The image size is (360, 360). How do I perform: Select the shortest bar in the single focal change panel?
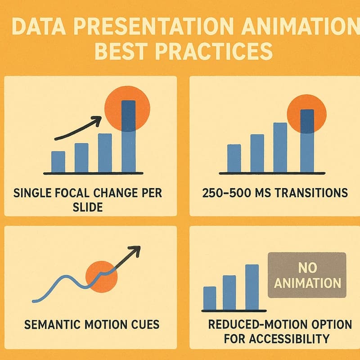coord(58,162)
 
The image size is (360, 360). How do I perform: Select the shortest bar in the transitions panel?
coord(234,158)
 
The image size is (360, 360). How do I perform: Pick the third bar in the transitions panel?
coord(280,147)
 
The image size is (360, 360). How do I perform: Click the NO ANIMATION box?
coord(307,275)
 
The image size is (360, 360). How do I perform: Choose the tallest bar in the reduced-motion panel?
coord(252,287)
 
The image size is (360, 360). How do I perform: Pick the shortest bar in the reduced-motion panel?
coord(210,298)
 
